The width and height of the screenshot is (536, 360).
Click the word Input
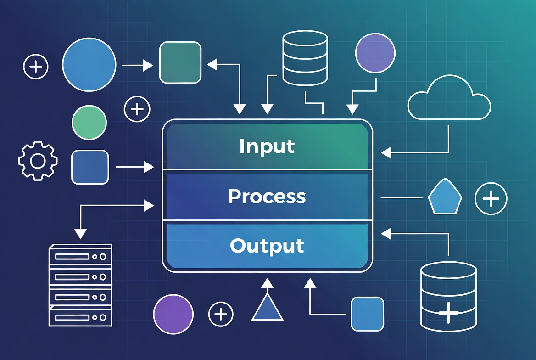[x=267, y=146]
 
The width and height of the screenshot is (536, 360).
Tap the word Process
[x=267, y=197]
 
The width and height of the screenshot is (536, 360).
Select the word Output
[x=267, y=246]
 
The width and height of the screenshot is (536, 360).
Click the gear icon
[x=38, y=161]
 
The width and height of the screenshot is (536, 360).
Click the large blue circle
[x=89, y=65]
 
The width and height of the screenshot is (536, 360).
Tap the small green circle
[x=89, y=122]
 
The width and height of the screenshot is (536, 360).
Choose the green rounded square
[x=180, y=62]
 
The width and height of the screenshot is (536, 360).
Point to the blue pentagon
[x=445, y=197]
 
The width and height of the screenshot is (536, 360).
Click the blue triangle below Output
[x=267, y=308]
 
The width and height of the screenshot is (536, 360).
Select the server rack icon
[x=80, y=285]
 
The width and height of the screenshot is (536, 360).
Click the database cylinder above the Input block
[x=305, y=58]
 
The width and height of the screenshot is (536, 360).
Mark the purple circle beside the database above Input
[x=375, y=53]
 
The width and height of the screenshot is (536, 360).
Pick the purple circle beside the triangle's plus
[x=173, y=314]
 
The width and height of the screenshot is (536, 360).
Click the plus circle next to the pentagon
[x=491, y=199]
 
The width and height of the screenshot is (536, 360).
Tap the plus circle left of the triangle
[x=221, y=314]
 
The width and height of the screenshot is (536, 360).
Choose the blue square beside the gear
[x=90, y=167]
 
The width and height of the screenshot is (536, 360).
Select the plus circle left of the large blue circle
[x=36, y=67]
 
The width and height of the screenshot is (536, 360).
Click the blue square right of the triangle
[x=367, y=314]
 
